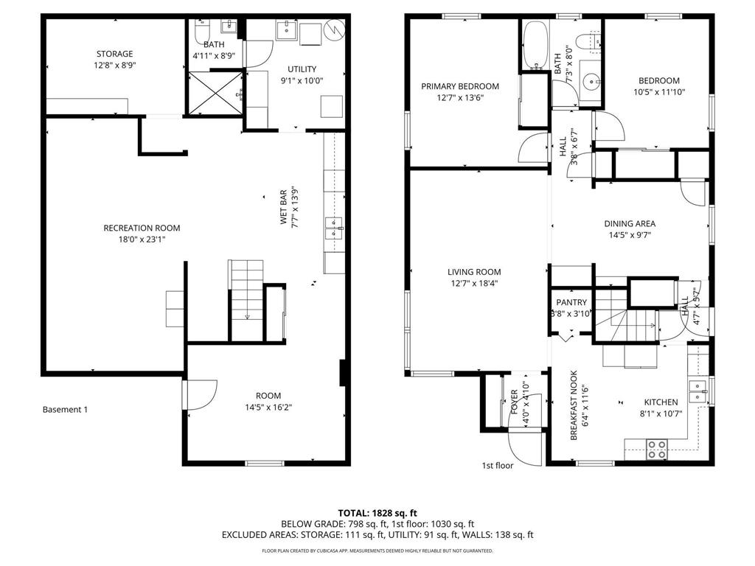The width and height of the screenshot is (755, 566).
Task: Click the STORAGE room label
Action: click(x=114, y=54)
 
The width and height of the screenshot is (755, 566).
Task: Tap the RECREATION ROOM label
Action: click(x=142, y=228)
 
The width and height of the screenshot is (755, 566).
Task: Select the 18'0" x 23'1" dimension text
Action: click(x=142, y=239)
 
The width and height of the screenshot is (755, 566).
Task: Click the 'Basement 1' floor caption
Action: click(x=65, y=410)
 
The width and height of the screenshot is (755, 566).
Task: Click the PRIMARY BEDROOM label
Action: click(x=460, y=86)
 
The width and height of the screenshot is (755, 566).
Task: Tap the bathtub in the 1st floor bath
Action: click(x=534, y=46)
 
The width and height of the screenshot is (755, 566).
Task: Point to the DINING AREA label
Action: click(x=630, y=224)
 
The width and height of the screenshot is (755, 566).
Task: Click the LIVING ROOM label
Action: click(x=474, y=272)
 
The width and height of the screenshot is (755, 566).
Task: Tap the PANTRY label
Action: click(x=571, y=302)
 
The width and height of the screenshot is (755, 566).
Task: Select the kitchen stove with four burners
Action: click(x=656, y=449)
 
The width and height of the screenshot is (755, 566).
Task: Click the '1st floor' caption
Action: click(x=498, y=465)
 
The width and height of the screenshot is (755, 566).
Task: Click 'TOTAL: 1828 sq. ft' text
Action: click(x=377, y=513)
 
